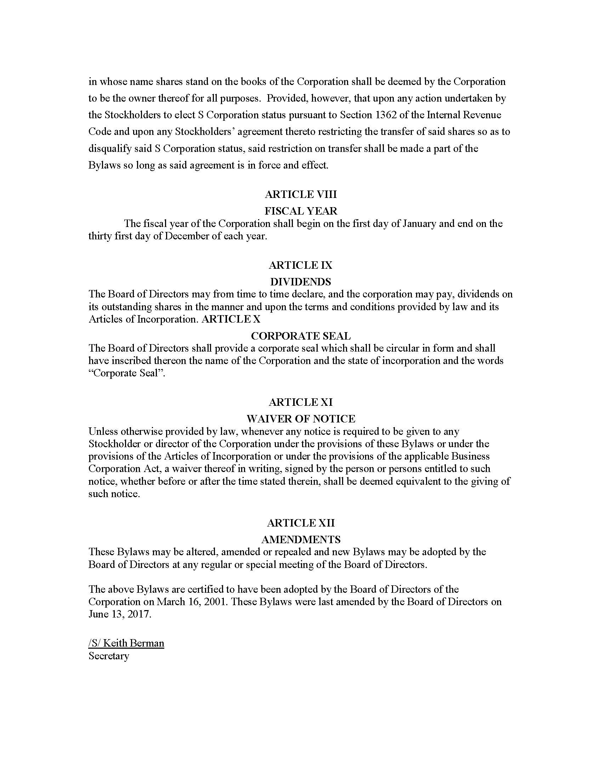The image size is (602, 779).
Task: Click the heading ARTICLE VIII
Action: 301,194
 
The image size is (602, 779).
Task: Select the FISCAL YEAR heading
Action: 301,211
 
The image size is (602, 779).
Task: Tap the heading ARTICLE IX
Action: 301,265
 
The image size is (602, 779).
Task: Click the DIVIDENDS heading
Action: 301,282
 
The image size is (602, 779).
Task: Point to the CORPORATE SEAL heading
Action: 301,336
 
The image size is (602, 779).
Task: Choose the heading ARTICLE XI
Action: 301,402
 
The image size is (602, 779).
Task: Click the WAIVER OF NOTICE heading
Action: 301,419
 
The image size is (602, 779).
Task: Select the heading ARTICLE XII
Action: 301,523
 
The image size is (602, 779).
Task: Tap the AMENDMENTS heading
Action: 301,539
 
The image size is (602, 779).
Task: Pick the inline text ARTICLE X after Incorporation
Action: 231,319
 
